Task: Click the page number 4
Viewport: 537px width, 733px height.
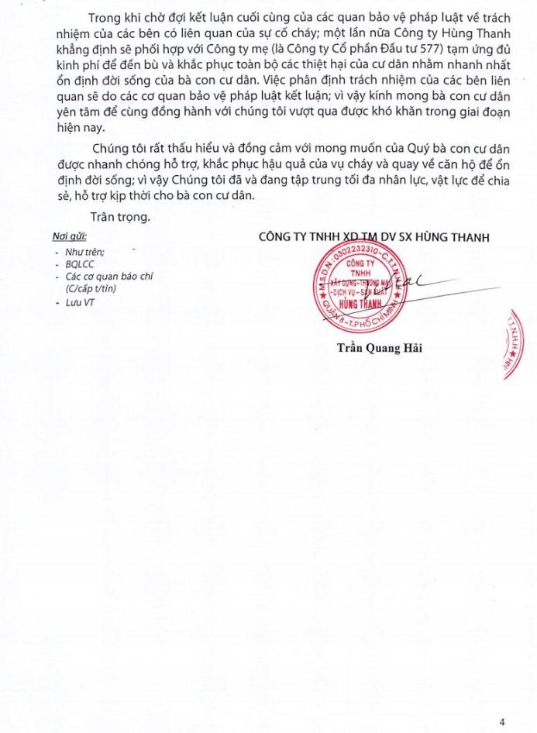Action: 502,721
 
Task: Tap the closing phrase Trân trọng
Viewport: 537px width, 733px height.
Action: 120,217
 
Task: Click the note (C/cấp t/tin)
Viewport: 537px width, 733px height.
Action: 91,289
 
